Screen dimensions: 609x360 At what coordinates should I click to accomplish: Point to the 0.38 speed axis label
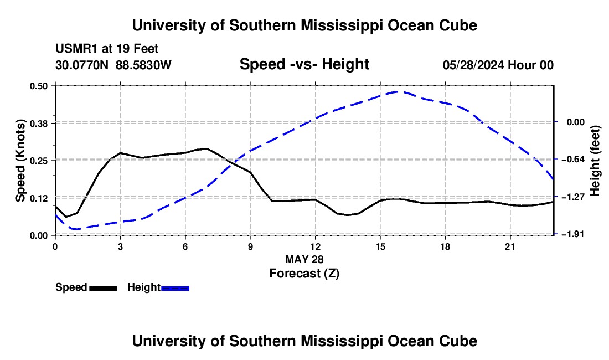(x=38, y=124)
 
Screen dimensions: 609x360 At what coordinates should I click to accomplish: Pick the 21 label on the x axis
(x=510, y=246)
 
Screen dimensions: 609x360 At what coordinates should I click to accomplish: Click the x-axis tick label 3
(x=120, y=246)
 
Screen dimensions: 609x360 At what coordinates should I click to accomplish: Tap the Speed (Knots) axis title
(x=20, y=161)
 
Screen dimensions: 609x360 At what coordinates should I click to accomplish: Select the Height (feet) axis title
(x=595, y=161)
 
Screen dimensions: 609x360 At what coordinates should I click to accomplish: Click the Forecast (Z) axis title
(x=304, y=274)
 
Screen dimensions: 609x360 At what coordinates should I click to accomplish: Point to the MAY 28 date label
(x=304, y=259)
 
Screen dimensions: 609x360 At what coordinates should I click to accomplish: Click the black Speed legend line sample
(x=104, y=289)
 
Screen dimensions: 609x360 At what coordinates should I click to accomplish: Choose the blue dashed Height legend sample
(x=175, y=289)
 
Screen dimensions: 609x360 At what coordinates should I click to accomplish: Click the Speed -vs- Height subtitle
(x=304, y=64)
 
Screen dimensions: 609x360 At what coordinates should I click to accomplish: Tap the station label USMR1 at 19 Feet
(x=107, y=49)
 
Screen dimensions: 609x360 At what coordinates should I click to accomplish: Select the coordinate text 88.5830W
(x=143, y=65)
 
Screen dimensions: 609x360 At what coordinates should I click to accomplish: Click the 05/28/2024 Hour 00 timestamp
(x=498, y=65)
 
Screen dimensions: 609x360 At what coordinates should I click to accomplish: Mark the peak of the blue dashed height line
(x=397, y=91)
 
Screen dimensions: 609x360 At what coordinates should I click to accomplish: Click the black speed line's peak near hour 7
(x=207, y=148)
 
